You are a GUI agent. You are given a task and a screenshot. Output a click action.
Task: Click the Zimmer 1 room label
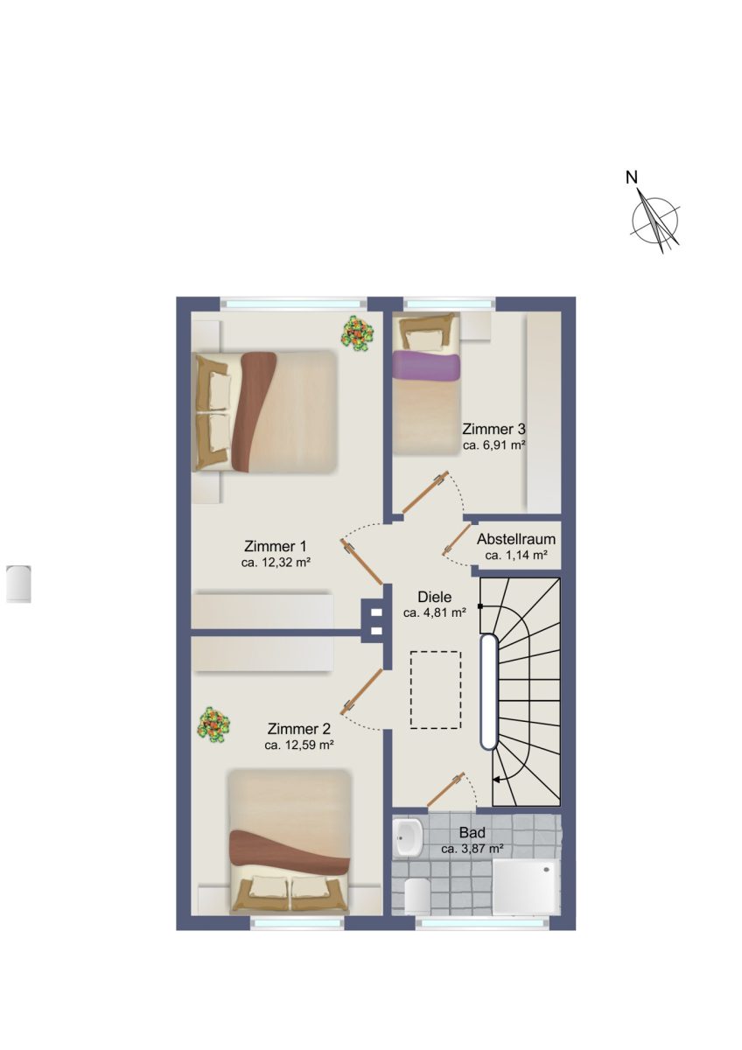coord(275,547)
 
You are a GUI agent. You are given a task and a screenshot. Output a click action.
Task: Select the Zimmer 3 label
coord(493,429)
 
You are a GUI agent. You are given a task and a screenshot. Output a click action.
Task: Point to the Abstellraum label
coord(516,539)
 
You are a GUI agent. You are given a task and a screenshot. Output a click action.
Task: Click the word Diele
coord(435,597)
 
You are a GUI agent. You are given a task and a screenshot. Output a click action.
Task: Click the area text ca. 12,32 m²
coord(276,563)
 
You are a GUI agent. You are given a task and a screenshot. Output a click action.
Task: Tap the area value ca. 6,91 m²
coord(493,444)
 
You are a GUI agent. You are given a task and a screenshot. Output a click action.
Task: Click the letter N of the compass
coord(632,178)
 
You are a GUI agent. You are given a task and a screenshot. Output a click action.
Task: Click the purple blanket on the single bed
coord(425,366)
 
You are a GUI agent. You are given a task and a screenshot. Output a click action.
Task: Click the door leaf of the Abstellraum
coord(457,540)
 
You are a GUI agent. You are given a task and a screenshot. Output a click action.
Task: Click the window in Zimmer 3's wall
coord(449,304)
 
